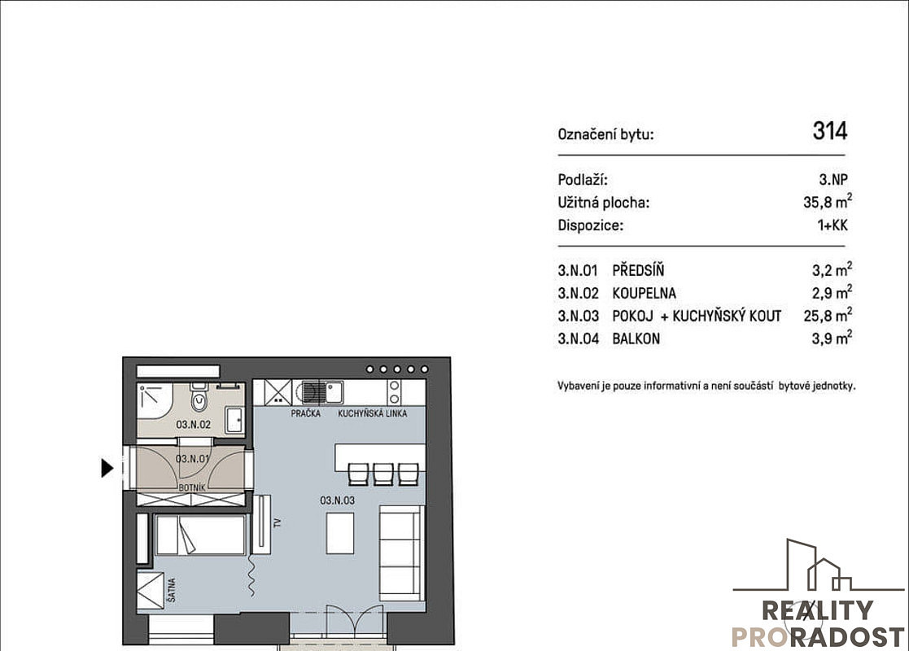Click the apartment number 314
click(830, 131)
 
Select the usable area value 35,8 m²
click(828, 202)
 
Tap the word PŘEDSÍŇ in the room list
click(638, 270)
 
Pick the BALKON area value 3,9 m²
click(832, 338)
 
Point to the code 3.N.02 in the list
click(578, 293)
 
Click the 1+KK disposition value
click(833, 225)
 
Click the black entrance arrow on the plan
click(107, 468)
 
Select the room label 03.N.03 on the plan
click(338, 500)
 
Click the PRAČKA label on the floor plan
click(305, 413)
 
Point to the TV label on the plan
click(278, 523)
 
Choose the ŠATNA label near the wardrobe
click(172, 589)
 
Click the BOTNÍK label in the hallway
click(192, 487)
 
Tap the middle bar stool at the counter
click(383, 474)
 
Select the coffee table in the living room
click(339, 533)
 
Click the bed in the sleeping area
click(200, 535)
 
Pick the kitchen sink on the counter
click(334, 392)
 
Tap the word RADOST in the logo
click(847, 637)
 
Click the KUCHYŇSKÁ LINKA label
click(372, 413)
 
